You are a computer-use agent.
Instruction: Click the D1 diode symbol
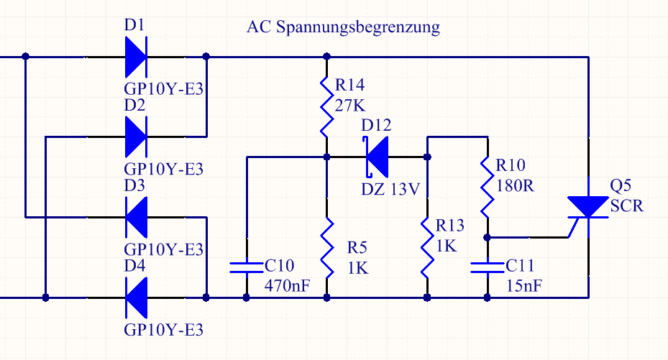(135, 56)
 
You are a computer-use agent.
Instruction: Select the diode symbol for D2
(135, 135)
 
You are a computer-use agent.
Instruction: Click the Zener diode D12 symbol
(377, 156)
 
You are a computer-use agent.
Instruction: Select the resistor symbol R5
(326, 249)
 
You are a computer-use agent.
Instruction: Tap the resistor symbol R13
(427, 249)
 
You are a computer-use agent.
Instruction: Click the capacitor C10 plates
(246, 267)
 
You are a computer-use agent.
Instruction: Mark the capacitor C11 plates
(488, 267)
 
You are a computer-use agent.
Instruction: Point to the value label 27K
(350, 106)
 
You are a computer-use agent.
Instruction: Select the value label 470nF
(287, 285)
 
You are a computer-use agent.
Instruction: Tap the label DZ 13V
(390, 190)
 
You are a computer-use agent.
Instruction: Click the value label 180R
(515, 185)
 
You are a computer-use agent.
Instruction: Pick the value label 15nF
(523, 285)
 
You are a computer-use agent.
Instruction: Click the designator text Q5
(622, 186)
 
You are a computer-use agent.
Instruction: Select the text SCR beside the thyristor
(627, 206)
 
